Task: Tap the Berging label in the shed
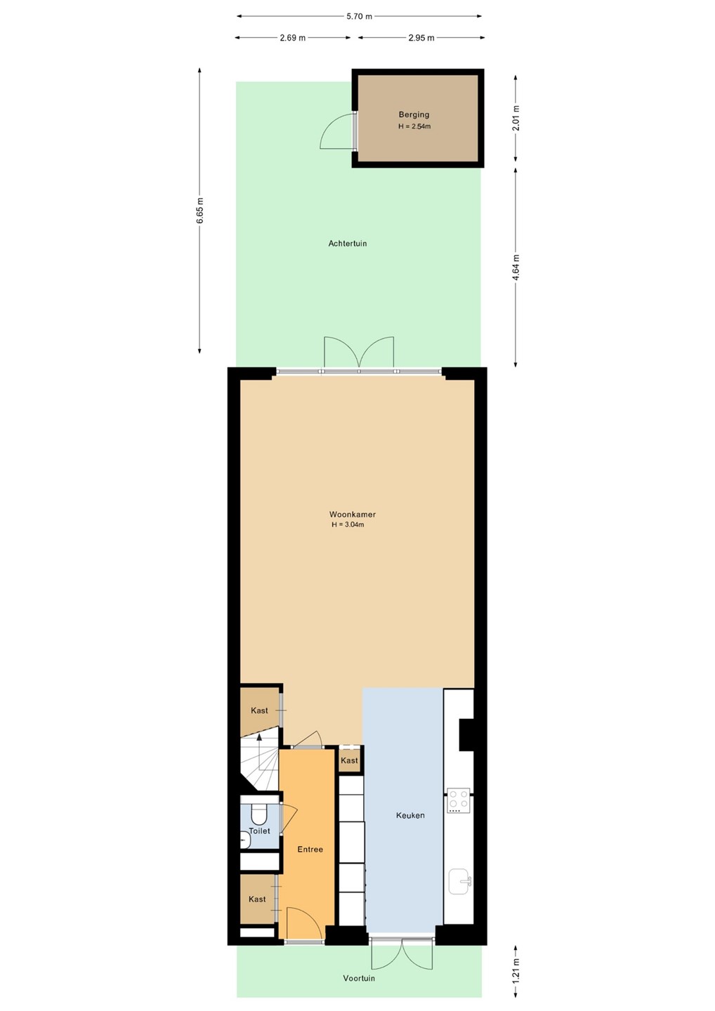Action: [414, 114]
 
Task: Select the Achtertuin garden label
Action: [347, 244]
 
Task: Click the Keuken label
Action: [410, 815]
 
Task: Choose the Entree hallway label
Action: [310, 849]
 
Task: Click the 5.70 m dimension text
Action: [360, 17]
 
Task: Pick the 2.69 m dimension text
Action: [292, 38]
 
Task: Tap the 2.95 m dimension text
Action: [421, 38]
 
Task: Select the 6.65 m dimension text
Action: [200, 211]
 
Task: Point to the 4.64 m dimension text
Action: [516, 267]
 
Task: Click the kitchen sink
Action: [461, 882]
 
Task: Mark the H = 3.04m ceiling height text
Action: [348, 524]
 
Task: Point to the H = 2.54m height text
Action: [414, 126]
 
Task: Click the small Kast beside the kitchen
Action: [349, 760]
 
